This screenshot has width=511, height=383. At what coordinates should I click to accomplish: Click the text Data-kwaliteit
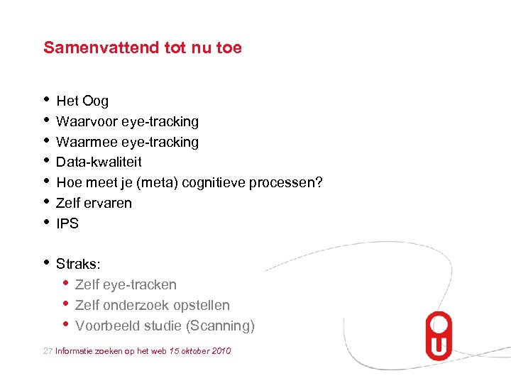click(x=99, y=162)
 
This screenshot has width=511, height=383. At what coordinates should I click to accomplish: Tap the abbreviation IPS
click(x=67, y=223)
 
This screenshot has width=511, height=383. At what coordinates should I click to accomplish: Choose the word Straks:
click(x=78, y=264)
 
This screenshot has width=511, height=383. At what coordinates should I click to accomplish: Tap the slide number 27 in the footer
click(x=48, y=351)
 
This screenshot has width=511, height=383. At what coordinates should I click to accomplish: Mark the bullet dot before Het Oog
click(x=46, y=99)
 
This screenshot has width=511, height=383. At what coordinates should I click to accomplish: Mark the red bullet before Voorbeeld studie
click(x=66, y=324)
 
